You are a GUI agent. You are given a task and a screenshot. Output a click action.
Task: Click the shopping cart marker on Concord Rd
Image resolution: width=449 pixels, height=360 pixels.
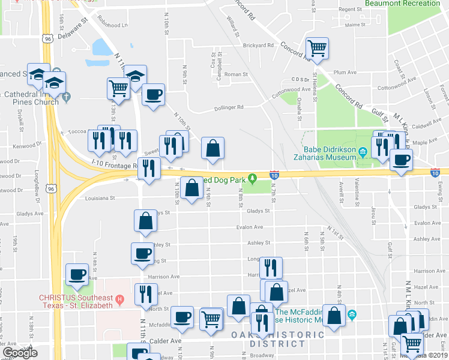[x=317, y=49]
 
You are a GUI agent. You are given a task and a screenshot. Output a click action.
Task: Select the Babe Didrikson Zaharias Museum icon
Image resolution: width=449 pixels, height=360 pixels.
[x=363, y=154]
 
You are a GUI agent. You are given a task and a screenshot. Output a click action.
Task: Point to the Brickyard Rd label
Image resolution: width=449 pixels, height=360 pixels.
[x=258, y=45]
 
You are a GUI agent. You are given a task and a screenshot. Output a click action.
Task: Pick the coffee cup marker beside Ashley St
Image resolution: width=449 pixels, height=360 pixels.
[x=142, y=253]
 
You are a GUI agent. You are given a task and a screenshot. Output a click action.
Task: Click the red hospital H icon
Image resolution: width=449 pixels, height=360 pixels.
[x=119, y=298]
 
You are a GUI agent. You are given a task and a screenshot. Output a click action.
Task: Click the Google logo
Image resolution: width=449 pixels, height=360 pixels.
[x=20, y=353]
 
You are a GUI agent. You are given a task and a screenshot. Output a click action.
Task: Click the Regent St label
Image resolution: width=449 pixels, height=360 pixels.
[x=351, y=10]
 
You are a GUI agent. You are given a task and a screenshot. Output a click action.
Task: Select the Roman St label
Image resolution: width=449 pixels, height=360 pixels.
[x=236, y=74]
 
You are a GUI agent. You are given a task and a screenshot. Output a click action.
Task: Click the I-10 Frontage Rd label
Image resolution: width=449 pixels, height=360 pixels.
[x=115, y=163]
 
